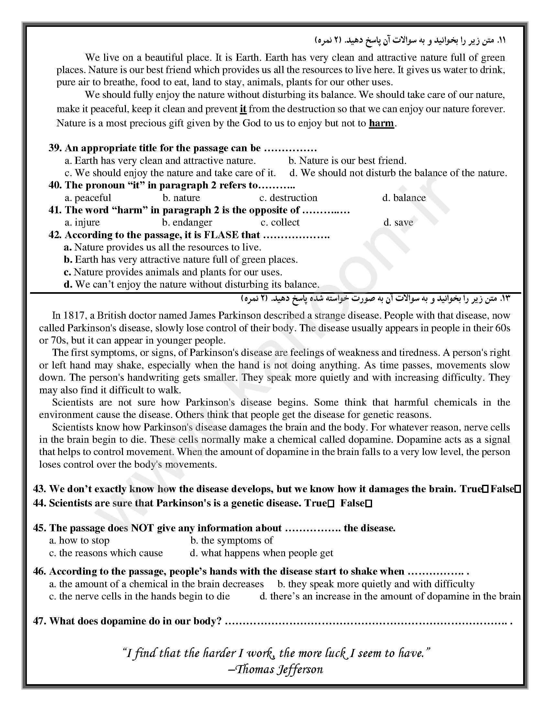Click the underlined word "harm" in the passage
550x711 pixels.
pos(381,123)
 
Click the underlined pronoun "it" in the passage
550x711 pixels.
pos(243,109)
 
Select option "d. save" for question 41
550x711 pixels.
pos(398,222)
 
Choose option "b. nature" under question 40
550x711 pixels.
pos(181,197)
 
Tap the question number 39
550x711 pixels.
pos(55,148)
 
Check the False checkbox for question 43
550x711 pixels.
pos(518,489)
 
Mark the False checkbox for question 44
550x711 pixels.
pos(369,504)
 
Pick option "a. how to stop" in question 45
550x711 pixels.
pos(79,540)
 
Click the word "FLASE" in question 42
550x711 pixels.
pos(221,235)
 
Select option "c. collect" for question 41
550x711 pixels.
pos(280,222)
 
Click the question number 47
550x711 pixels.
pos(39,621)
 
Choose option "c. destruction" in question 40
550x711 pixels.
pos(288,197)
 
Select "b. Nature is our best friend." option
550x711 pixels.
pos(347,161)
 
